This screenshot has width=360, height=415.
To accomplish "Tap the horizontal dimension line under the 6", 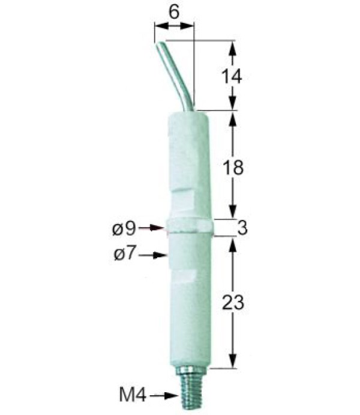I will coord(174,26).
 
